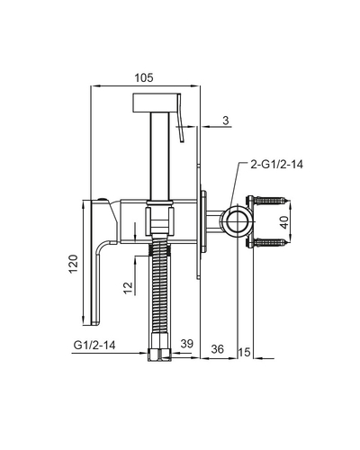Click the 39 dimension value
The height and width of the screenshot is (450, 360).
click(187, 343)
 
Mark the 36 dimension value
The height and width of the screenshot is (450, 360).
click(218, 349)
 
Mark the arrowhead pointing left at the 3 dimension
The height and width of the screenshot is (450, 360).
click(204, 127)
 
